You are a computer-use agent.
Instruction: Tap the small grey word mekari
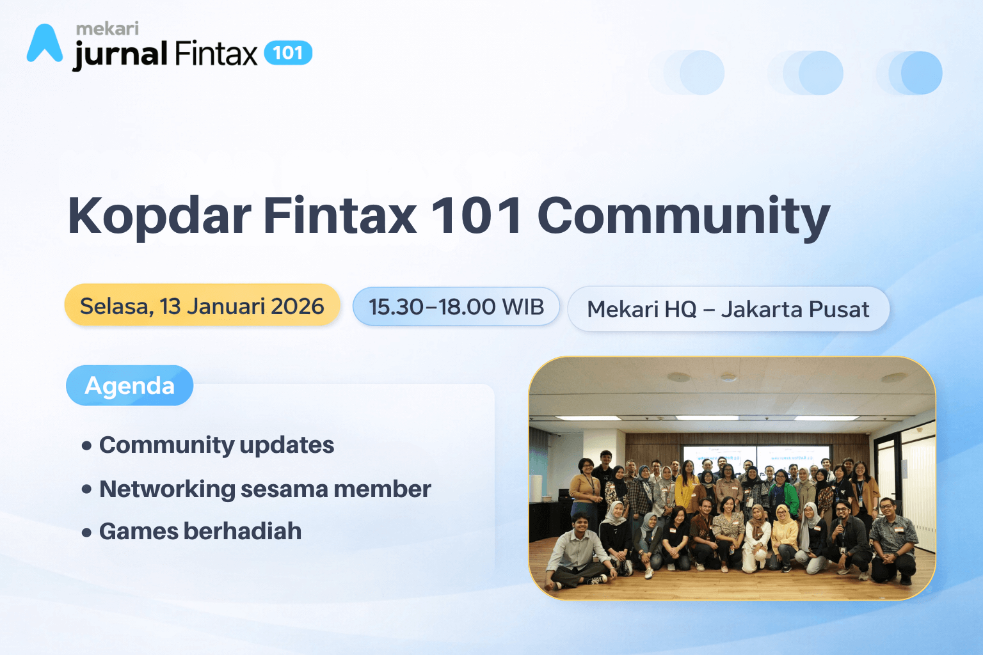[108, 29]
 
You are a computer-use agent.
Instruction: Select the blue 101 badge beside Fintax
[288, 52]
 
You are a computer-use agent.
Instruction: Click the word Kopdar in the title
[159, 216]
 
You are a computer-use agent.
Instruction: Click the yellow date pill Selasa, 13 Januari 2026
[202, 306]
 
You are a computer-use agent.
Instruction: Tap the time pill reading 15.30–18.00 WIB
[456, 306]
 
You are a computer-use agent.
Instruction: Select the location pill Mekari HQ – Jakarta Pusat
[728, 309]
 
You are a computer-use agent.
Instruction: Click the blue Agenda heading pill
[129, 385]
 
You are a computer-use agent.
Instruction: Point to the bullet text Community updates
[217, 445]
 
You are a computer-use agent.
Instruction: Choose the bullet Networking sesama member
[265, 489]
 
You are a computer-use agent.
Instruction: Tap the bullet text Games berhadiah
[200, 532]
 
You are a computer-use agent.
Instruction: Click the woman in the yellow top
[686, 487]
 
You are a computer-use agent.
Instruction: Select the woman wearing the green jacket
[784, 491]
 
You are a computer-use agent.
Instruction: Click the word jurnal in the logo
[120, 54]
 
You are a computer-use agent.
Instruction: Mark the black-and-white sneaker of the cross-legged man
[598, 580]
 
